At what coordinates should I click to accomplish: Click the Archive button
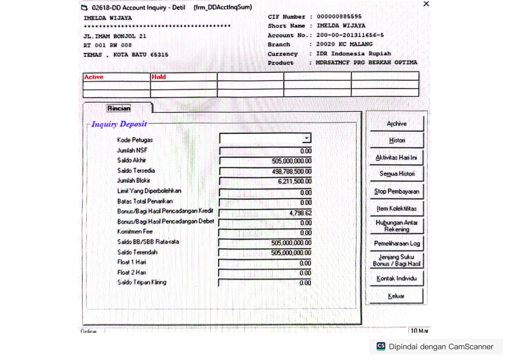pos(396,124)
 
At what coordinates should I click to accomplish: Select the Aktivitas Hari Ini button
pos(396,157)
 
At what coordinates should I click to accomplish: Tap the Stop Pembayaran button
pos(396,191)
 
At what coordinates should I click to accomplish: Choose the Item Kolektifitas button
pos(396,209)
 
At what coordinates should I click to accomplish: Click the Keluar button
pos(396,296)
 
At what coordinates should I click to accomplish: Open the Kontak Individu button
pos(396,278)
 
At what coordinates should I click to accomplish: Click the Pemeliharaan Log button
pos(396,243)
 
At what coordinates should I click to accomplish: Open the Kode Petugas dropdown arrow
pos(306,138)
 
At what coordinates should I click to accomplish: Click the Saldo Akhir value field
pos(265,161)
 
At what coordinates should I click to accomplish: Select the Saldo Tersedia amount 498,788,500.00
pos(291,171)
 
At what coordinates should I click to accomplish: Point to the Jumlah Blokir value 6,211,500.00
pos(295,181)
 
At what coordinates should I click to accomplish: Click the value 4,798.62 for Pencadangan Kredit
pos(300,213)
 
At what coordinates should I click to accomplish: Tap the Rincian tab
pos(119,108)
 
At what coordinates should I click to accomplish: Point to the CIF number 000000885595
pos(339,16)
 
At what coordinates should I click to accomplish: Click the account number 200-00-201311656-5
pos(350,35)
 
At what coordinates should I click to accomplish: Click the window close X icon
pos(426,4)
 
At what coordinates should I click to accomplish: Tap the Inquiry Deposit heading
pos(119,124)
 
